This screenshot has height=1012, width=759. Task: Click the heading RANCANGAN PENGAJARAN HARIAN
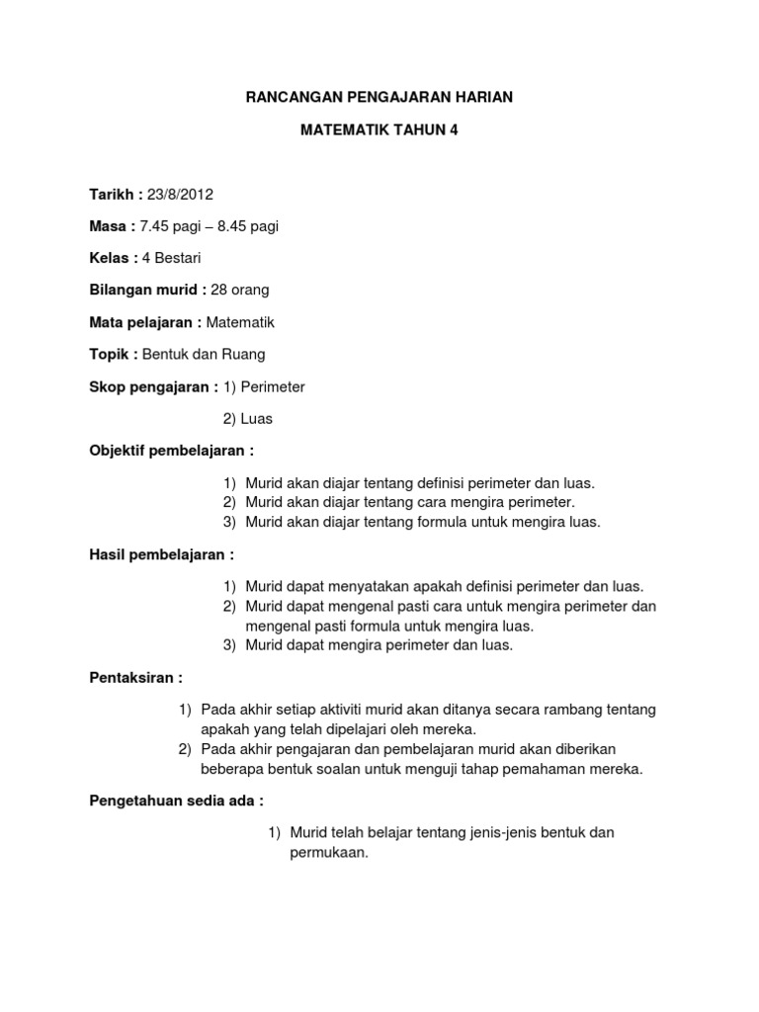pos(379,97)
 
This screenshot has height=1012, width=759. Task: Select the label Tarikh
pos(110,194)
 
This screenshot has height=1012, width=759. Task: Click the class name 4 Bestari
pos(171,258)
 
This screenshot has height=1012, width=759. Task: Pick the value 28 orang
pos(240,291)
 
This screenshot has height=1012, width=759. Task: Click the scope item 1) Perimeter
pos(264,386)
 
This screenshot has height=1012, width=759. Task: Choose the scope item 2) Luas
pos(247,419)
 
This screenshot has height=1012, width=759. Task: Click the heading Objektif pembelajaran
pos(171,451)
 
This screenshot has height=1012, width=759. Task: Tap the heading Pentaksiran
pos(135,678)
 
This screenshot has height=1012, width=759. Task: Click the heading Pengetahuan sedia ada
pos(176,801)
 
